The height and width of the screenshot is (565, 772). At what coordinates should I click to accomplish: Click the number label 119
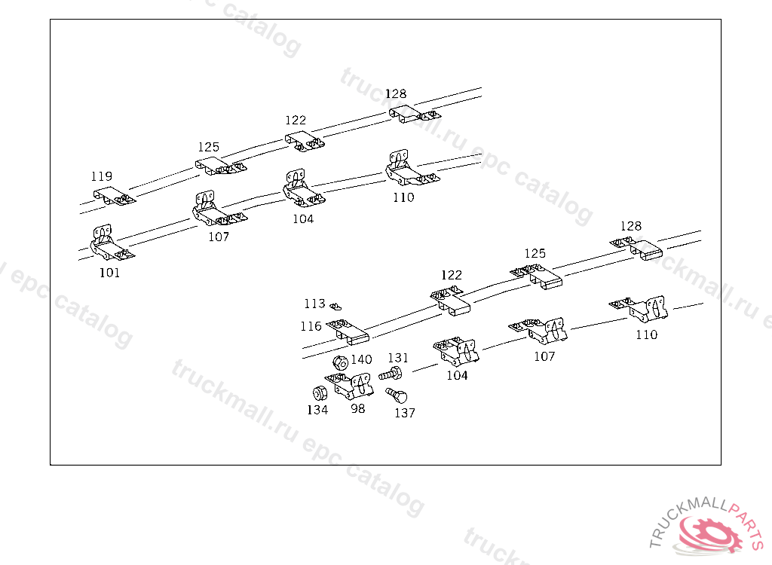pyautogui.click(x=102, y=176)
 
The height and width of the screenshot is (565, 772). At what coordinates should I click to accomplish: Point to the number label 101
pyautogui.click(x=109, y=273)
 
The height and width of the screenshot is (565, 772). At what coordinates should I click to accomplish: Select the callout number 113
pyautogui.click(x=314, y=304)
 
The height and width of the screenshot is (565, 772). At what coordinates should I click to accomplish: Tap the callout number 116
pyautogui.click(x=311, y=326)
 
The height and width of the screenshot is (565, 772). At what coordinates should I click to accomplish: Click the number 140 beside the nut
pyautogui.click(x=361, y=359)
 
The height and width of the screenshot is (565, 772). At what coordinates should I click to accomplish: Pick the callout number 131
pyautogui.click(x=398, y=358)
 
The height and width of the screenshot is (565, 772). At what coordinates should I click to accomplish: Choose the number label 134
pyautogui.click(x=317, y=410)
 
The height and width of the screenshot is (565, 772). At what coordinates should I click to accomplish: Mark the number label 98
pyautogui.click(x=357, y=408)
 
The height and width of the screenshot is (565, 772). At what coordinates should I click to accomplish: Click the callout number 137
pyautogui.click(x=405, y=413)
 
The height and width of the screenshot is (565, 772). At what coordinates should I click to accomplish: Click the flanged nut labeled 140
pyautogui.click(x=340, y=362)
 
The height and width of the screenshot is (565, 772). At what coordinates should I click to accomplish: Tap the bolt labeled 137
pyautogui.click(x=397, y=395)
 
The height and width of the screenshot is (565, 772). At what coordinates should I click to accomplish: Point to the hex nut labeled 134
pyautogui.click(x=319, y=392)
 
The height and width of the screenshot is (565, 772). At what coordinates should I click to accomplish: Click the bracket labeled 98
pyautogui.click(x=350, y=386)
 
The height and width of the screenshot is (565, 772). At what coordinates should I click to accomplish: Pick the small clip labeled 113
pyautogui.click(x=337, y=306)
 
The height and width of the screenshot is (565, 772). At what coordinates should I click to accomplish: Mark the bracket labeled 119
pyautogui.click(x=113, y=195)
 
